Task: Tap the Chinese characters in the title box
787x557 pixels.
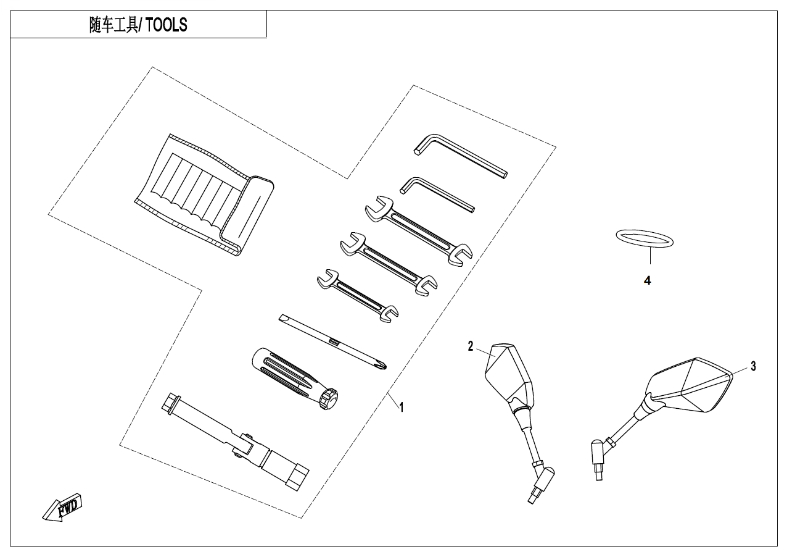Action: (115, 25)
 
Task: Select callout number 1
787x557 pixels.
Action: (402, 408)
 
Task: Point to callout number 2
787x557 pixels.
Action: (471, 346)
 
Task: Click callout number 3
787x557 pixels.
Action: (753, 366)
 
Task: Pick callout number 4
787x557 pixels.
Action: (647, 280)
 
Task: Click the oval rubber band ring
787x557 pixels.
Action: (645, 238)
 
